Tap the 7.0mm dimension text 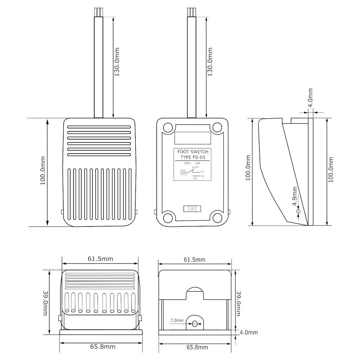tap(177, 321)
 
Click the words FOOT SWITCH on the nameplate tap(193, 152)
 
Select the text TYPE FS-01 tap(193, 157)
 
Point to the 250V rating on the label tap(187, 163)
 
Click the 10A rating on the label tap(198, 163)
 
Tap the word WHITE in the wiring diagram tap(184, 174)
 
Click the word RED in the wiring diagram tap(195, 178)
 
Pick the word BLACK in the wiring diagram tap(195, 167)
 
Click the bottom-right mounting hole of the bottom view tap(217, 218)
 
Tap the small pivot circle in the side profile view tap(298, 212)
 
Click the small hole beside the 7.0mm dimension tap(195, 323)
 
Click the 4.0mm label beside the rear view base tap(249, 333)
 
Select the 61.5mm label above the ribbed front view tap(100, 259)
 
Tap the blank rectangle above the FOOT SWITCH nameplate tap(193, 137)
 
